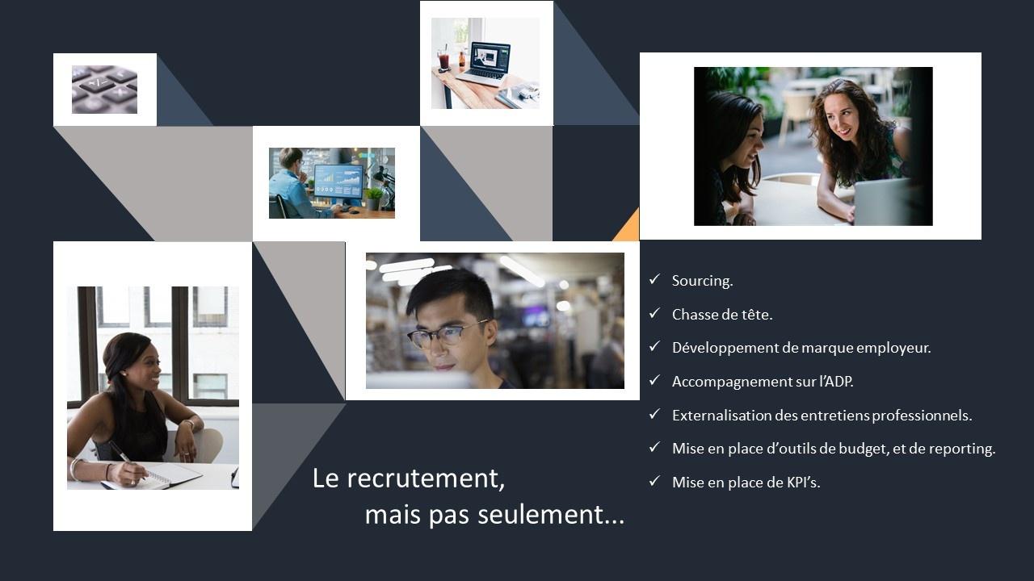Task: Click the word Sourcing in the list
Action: (701, 281)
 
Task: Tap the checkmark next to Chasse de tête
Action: (654, 313)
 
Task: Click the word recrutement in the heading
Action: (426, 479)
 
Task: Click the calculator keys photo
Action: (104, 90)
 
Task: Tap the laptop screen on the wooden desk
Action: (490, 58)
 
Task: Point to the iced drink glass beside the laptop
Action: (443, 59)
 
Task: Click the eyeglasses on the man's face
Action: (446, 334)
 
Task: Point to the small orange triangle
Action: (628, 227)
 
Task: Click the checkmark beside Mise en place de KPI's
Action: (654, 481)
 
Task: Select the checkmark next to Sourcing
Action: (654, 279)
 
